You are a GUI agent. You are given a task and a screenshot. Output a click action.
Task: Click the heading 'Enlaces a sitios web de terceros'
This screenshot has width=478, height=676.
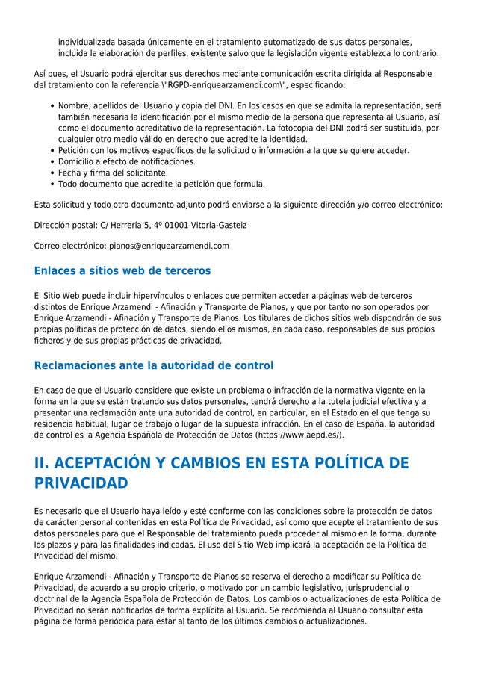pos(122,271)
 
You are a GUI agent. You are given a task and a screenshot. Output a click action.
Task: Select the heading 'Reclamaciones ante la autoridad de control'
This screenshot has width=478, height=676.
pos(154,365)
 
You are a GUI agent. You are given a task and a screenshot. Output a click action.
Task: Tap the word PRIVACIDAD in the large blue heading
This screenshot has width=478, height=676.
pos(81,483)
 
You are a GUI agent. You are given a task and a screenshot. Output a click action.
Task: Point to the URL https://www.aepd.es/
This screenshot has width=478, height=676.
pos(299,435)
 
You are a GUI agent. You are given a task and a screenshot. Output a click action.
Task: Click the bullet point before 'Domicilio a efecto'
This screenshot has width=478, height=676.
pos(52,162)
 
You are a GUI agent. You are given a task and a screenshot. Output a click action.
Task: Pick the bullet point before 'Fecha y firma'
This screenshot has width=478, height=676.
pos(52,173)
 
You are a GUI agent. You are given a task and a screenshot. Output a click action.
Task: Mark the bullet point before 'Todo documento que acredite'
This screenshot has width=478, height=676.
pos(52,184)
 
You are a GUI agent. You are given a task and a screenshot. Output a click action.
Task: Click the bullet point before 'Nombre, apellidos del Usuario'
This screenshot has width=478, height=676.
pos(52,106)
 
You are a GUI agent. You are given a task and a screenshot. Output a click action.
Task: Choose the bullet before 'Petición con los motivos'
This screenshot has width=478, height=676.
pos(52,151)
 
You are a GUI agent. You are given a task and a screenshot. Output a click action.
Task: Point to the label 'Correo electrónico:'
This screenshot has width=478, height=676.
pos(70,246)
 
